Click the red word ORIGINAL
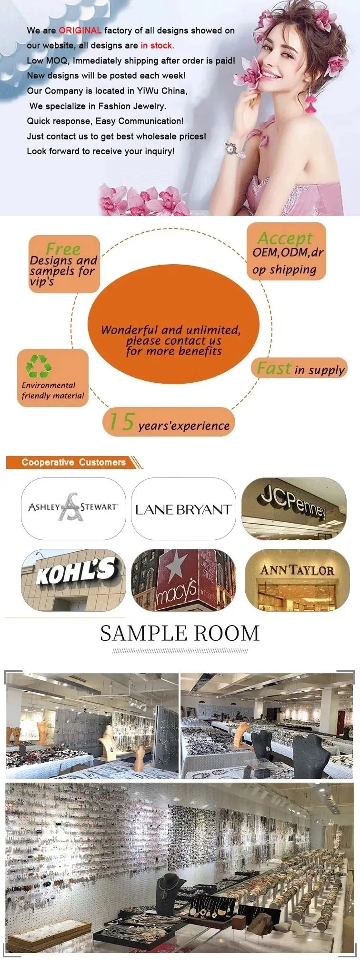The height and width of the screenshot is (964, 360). click(x=80, y=30)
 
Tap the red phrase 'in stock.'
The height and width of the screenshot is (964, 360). click(x=157, y=46)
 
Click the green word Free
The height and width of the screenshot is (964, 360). click(x=63, y=249)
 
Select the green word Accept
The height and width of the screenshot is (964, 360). click(x=285, y=238)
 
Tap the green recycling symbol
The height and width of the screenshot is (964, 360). click(x=39, y=366)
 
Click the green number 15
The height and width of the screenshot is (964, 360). click(x=121, y=422)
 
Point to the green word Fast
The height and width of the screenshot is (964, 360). click(x=274, y=368)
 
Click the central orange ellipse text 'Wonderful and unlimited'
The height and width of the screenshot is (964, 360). click(x=171, y=330)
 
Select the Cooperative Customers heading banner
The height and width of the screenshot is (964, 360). click(x=73, y=462)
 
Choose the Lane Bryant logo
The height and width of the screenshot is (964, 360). click(x=183, y=510)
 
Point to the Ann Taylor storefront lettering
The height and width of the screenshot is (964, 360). click(x=297, y=570)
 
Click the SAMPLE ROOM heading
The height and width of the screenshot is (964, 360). click(x=180, y=633)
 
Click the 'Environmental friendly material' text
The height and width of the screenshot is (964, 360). click(x=52, y=390)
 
